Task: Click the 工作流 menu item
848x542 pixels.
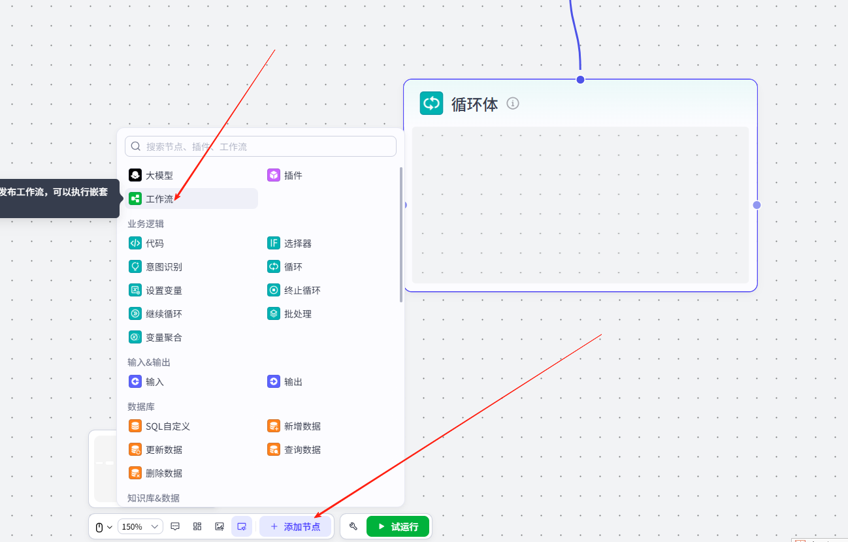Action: pyautogui.click(x=159, y=199)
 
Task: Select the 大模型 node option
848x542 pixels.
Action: pyautogui.click(x=159, y=176)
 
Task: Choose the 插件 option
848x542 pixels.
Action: pyautogui.click(x=293, y=176)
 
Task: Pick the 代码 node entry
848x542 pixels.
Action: pyautogui.click(x=154, y=244)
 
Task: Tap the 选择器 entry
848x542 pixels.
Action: pyautogui.click(x=297, y=244)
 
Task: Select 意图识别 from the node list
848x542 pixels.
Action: pyautogui.click(x=163, y=267)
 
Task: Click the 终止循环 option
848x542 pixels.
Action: pyautogui.click(x=302, y=291)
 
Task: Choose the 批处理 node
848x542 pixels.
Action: pyautogui.click(x=297, y=314)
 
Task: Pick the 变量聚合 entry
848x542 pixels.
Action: pyautogui.click(x=163, y=338)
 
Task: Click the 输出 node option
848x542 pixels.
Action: pyautogui.click(x=293, y=382)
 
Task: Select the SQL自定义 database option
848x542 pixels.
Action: pyautogui.click(x=167, y=426)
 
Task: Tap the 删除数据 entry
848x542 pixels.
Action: pyautogui.click(x=163, y=473)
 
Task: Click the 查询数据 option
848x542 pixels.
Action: pyautogui.click(x=302, y=450)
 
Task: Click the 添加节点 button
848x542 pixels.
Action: pyautogui.click(x=295, y=526)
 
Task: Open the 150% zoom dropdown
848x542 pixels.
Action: pyautogui.click(x=140, y=526)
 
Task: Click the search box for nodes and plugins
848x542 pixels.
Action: pyautogui.click(x=261, y=146)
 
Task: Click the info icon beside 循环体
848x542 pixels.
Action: pyautogui.click(x=513, y=103)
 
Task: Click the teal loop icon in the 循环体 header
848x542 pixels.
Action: pyautogui.click(x=431, y=103)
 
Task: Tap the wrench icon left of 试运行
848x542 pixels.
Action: pyautogui.click(x=353, y=526)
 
